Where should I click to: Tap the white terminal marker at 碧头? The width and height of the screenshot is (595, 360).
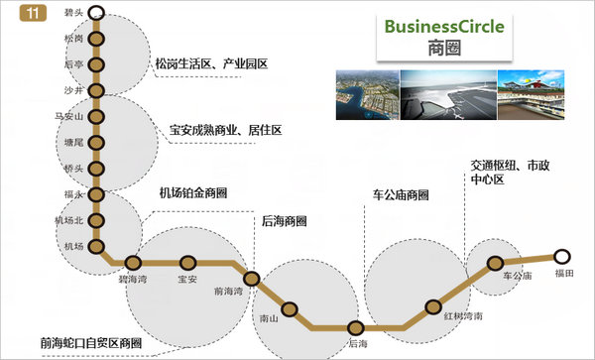(x=96, y=13)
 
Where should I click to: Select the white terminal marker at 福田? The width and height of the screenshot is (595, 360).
(x=562, y=256)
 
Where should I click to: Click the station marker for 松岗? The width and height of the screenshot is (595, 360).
(x=96, y=39)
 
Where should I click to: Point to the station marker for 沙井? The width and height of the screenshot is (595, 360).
(x=96, y=90)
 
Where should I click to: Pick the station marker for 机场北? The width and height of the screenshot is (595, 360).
(x=96, y=220)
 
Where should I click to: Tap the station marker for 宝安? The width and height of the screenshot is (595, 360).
(x=187, y=264)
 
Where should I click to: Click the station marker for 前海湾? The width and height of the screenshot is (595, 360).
(x=251, y=280)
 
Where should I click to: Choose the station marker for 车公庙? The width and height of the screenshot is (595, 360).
(x=496, y=264)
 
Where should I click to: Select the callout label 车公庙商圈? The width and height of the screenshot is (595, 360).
(x=402, y=194)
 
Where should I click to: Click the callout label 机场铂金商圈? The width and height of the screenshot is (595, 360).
(x=192, y=192)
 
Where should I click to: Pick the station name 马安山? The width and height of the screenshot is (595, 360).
(x=68, y=117)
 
